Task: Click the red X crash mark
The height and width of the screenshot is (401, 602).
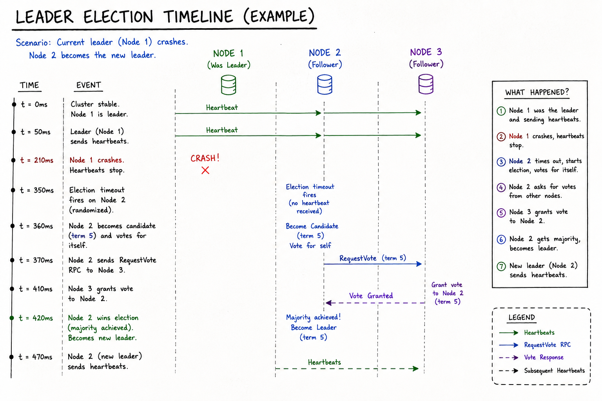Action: [x=205, y=170]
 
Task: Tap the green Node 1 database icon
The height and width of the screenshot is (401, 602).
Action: [x=228, y=85]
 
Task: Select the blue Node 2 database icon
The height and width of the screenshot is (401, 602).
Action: [x=325, y=84]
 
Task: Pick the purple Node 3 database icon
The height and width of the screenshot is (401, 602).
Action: [x=426, y=84]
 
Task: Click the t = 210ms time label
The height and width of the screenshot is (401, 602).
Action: [x=37, y=160]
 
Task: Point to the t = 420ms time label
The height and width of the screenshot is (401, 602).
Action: [x=36, y=318]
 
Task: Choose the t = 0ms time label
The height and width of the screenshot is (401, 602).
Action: [x=34, y=104]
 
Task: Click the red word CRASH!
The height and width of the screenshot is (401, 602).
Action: [x=205, y=158]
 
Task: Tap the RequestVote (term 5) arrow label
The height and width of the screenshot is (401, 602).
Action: [x=372, y=258]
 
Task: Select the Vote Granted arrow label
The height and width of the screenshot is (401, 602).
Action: [x=371, y=296]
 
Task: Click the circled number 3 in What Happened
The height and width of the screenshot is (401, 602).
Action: [x=501, y=162]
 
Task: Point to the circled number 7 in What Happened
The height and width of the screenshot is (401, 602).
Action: [x=501, y=266]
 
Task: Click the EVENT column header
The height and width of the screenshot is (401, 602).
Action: [x=89, y=85]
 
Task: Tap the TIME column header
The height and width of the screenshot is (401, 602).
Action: [x=29, y=85]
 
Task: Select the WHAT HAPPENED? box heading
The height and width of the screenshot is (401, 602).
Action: [x=537, y=92]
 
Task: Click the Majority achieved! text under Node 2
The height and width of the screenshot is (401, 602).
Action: [x=314, y=317]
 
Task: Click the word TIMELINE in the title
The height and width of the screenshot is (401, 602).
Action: [x=198, y=17]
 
